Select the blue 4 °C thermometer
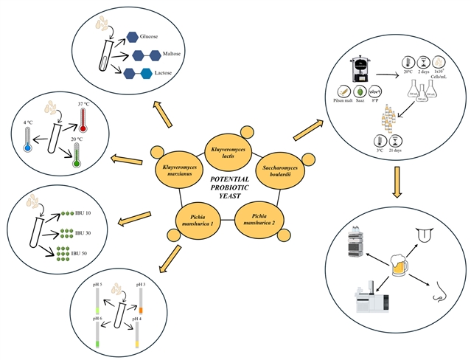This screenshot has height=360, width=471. [x=28, y=140]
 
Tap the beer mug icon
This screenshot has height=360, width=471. [x=399, y=269]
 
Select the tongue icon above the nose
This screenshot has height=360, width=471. [x=425, y=234]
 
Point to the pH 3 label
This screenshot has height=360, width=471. [x=139, y=284]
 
